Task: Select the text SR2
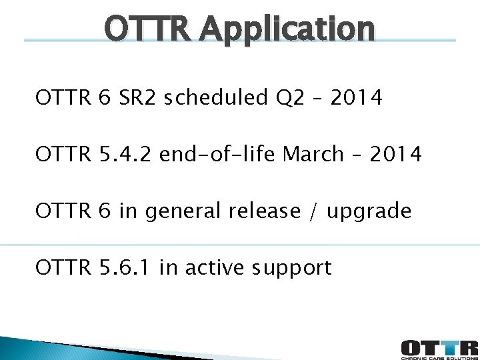tap(139, 98)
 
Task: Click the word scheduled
tap(216, 98)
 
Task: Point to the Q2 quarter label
tap(289, 98)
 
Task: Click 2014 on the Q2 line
tap(357, 98)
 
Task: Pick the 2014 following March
tap(396, 155)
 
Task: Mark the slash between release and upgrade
tap(313, 211)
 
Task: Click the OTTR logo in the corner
tap(439, 346)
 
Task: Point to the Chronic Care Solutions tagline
tap(439, 357)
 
